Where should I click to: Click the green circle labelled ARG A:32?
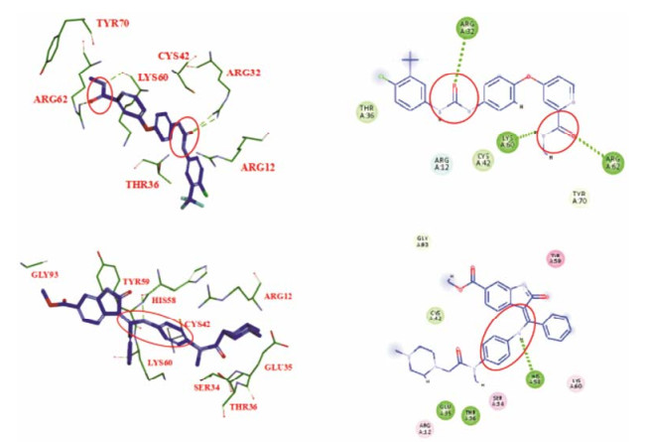pyautogui.click(x=469, y=28)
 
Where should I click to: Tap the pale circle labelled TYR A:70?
pyautogui.click(x=581, y=197)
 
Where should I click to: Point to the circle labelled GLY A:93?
pyautogui.click(x=422, y=241)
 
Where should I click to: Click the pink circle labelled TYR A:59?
pyautogui.click(x=556, y=259)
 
